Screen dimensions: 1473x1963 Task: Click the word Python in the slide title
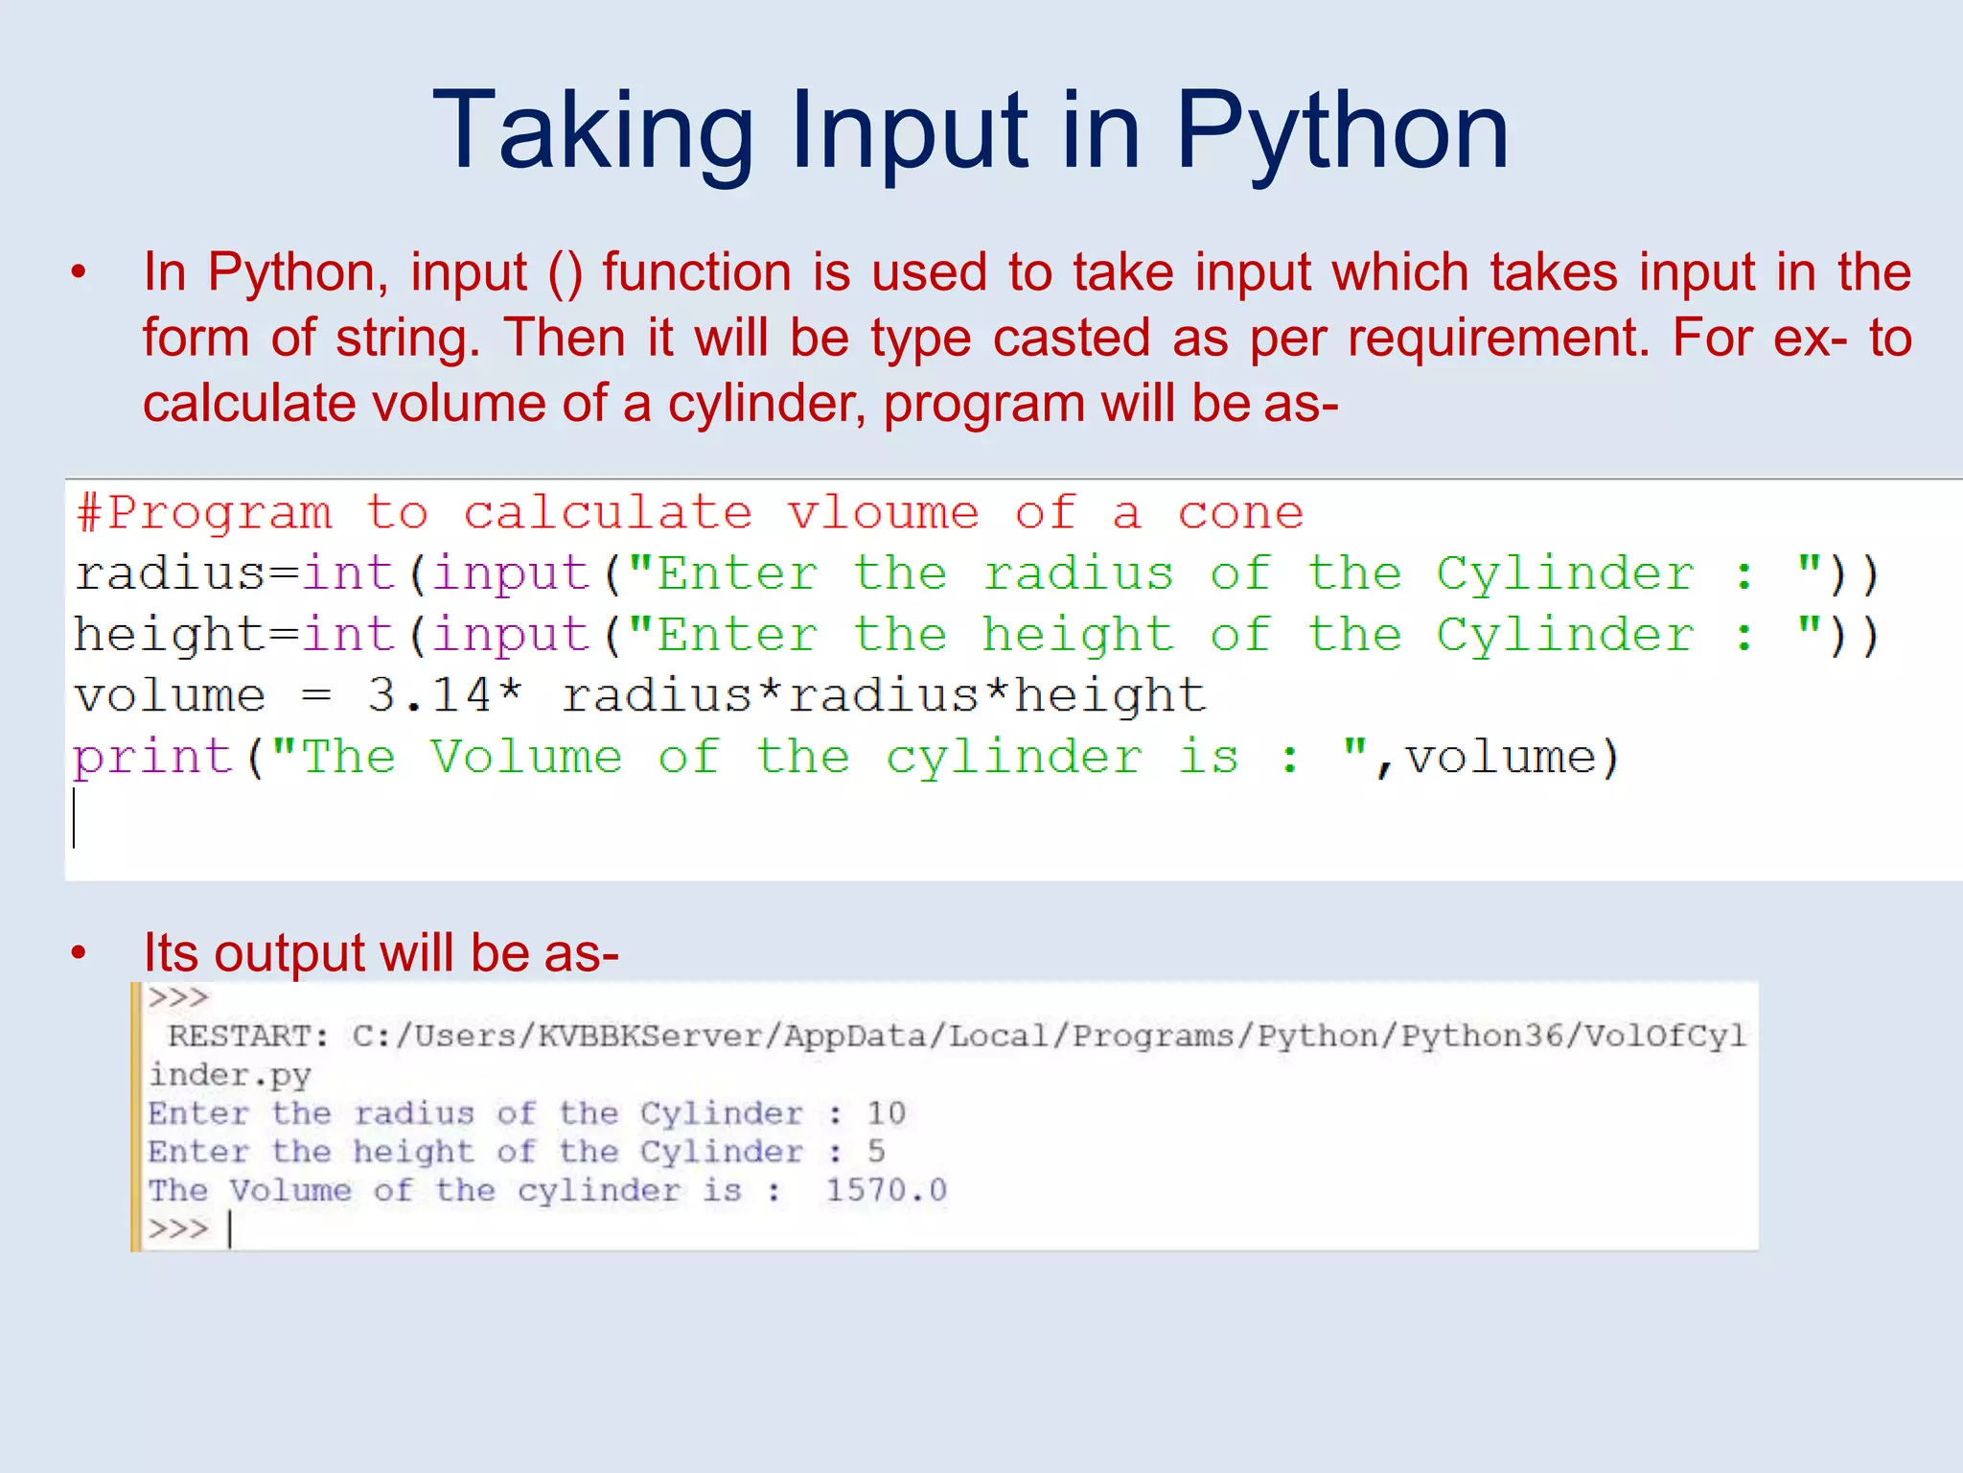[1342, 132]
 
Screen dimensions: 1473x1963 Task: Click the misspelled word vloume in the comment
[883, 513]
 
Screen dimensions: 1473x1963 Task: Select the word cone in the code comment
[1240, 513]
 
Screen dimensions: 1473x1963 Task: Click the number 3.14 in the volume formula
[428, 695]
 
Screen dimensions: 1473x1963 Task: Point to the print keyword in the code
[153, 758]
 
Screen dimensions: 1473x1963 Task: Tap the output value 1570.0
[886, 1191]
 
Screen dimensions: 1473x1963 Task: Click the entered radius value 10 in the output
[886, 1113]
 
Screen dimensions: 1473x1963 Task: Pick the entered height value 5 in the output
[876, 1152]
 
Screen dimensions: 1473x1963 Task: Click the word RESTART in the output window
[247, 1037]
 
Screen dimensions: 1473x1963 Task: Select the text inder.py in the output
[230, 1076]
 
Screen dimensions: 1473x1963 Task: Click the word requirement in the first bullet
[1497, 339]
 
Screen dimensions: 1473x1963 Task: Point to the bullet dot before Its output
[79, 953]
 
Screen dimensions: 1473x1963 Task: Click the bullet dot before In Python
[79, 272]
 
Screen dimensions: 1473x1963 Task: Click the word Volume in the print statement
[525, 758]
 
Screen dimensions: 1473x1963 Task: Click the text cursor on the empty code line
[74, 818]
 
